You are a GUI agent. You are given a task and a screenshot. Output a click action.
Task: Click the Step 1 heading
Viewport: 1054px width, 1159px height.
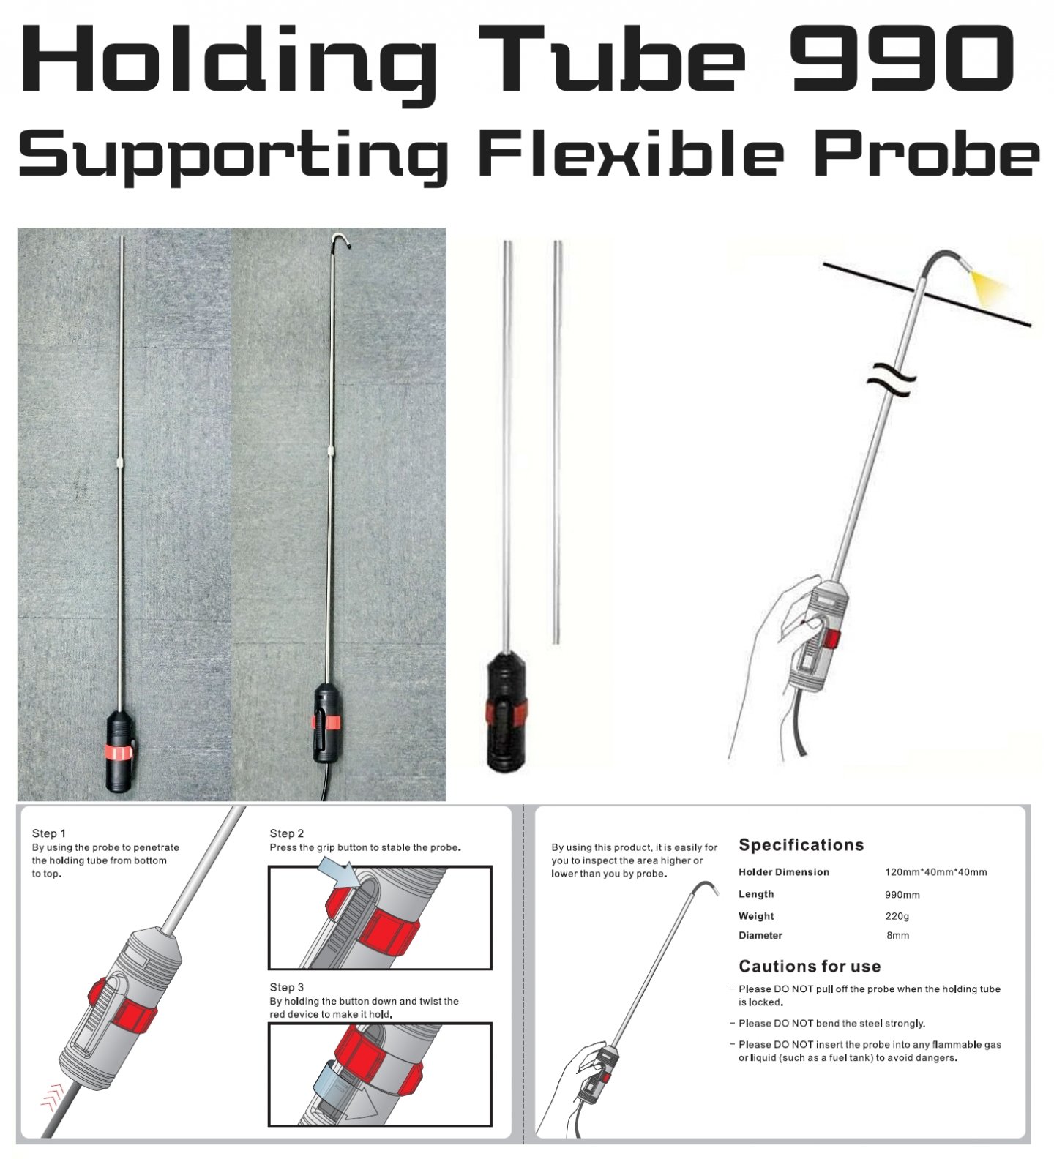click(x=49, y=833)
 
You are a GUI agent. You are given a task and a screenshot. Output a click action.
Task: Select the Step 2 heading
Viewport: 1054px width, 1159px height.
click(x=286, y=833)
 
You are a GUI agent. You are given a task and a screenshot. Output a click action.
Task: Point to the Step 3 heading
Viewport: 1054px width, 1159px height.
click(x=286, y=987)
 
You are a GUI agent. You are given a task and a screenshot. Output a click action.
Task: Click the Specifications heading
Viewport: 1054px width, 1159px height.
click(x=801, y=845)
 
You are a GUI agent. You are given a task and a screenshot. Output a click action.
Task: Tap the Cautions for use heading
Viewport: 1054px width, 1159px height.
click(x=810, y=967)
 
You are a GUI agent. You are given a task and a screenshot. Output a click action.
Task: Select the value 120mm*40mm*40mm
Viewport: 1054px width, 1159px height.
click(x=936, y=872)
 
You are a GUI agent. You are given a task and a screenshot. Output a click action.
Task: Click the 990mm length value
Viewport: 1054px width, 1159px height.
click(x=902, y=895)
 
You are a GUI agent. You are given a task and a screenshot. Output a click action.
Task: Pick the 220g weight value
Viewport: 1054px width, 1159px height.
click(x=897, y=916)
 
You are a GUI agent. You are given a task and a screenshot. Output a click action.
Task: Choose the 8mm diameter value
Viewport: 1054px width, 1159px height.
click(x=898, y=936)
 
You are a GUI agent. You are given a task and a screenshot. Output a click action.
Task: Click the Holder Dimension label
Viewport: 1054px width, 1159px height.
click(x=784, y=872)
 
